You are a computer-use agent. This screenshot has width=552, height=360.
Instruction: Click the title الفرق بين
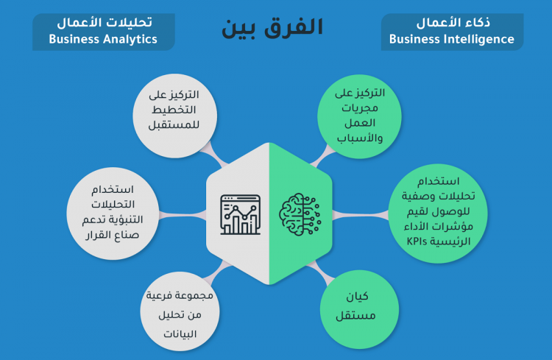coord(272,27)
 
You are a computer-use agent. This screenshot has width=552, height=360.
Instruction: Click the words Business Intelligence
coord(451,39)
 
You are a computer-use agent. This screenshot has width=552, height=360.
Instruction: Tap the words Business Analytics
coord(103,39)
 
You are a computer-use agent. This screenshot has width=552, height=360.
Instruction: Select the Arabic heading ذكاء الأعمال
coord(451,22)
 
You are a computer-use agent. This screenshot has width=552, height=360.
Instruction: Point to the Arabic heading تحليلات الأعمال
coord(103,21)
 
